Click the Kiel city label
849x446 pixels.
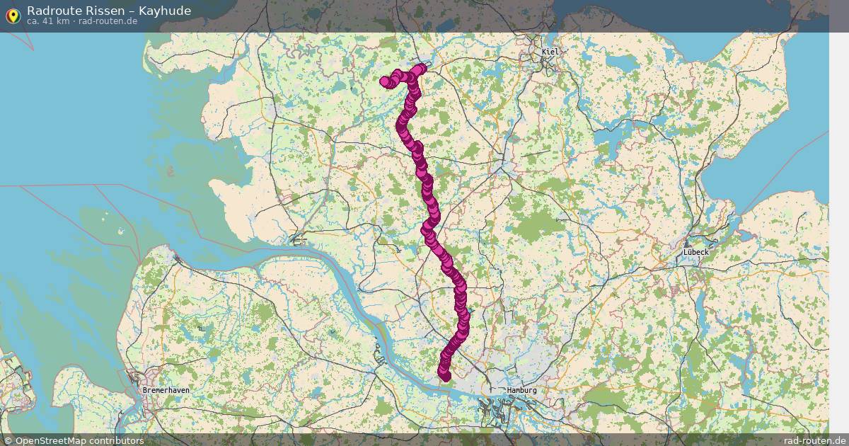point(550,52)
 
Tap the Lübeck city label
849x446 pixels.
point(695,251)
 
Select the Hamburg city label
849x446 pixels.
point(521,390)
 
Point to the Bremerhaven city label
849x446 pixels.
point(166,390)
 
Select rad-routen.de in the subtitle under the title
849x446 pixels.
point(108,21)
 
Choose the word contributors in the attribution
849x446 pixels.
point(117,440)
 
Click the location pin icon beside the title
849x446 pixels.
point(13,15)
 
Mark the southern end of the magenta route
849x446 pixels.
point(445,377)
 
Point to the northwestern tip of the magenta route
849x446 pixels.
point(385,81)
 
